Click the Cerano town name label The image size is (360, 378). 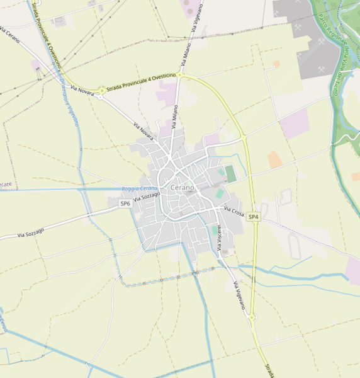[x=183, y=188]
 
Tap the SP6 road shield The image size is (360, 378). [x=126, y=203]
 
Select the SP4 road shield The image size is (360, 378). [x=253, y=217]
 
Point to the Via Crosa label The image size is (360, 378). [x=233, y=212]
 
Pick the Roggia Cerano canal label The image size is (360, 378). [x=140, y=188]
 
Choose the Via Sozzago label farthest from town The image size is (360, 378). [x=31, y=232]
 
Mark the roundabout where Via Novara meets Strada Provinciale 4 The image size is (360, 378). [x=101, y=91]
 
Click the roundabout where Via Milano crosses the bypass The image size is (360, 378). [x=181, y=75]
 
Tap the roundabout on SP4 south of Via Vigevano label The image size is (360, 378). [x=252, y=318]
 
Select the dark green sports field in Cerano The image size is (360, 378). [x=231, y=173]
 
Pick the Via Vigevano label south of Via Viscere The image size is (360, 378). [x=240, y=295]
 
